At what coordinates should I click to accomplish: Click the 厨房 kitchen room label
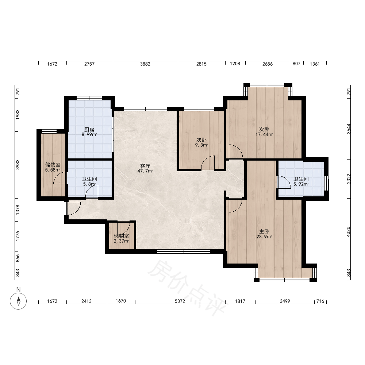pos(89,130)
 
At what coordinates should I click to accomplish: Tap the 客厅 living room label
pos(145,166)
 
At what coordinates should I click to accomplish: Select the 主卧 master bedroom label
pos(264,231)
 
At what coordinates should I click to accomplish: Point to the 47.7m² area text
pos(145,171)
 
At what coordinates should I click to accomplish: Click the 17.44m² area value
pos(264,134)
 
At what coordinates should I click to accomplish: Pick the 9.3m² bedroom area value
pos(201,145)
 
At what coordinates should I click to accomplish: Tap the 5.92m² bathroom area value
pos(301,184)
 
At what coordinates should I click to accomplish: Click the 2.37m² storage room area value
pos(122,241)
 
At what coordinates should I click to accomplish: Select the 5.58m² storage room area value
pos(53,170)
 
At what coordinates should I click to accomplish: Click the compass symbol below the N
pos(18,301)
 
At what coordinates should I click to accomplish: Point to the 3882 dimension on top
pos(145,64)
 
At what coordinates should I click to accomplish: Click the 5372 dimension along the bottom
pos(180,301)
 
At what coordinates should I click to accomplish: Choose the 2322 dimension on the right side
pos(349,179)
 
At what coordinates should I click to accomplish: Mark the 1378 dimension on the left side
pos(18,210)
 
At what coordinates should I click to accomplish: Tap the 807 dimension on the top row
pos(296,64)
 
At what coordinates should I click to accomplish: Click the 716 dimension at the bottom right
pos(320,301)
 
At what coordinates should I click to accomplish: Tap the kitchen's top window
pos(89,98)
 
